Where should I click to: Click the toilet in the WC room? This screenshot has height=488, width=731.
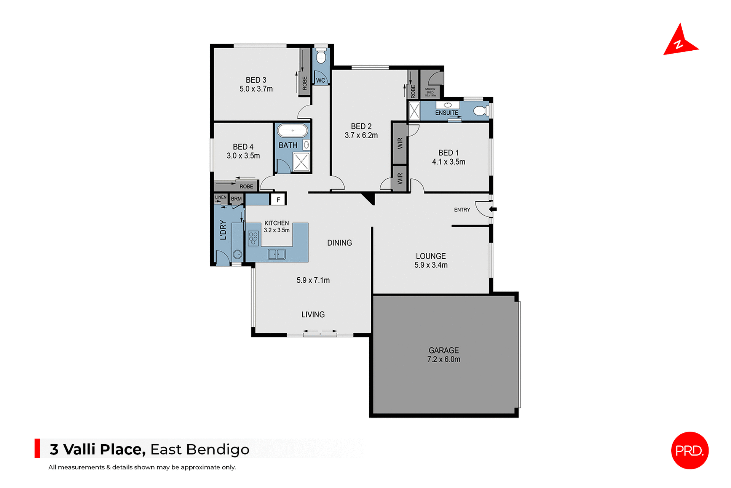pyautogui.click(x=321, y=56)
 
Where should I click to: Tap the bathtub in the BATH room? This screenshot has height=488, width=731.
pyautogui.click(x=292, y=130)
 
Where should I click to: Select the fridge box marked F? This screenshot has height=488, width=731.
pyautogui.click(x=278, y=200)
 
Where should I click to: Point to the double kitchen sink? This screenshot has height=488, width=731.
pyautogui.click(x=277, y=254)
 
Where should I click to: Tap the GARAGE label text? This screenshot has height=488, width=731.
pyautogui.click(x=444, y=350)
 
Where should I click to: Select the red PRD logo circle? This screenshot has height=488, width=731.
pyautogui.click(x=690, y=450)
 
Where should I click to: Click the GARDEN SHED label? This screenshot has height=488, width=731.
pyautogui.click(x=430, y=92)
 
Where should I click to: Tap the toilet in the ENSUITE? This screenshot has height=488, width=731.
pyautogui.click(x=480, y=111)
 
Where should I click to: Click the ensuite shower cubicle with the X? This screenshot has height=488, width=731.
pyautogui.click(x=414, y=111)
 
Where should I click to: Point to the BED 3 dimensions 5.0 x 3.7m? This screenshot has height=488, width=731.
pyautogui.click(x=256, y=89)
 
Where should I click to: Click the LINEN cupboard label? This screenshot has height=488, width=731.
pyautogui.click(x=221, y=197)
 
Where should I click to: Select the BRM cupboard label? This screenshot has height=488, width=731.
pyautogui.click(x=236, y=199)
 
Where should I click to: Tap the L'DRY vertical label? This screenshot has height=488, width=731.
pyautogui.click(x=223, y=230)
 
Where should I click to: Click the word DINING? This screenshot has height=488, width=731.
pyautogui.click(x=339, y=243)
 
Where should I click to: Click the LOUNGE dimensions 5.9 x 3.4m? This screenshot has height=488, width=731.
pyautogui.click(x=431, y=265)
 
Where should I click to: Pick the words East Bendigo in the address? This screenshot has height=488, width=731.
pyautogui.click(x=200, y=450)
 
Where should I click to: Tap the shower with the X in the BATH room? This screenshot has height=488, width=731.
pyautogui.click(x=301, y=162)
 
